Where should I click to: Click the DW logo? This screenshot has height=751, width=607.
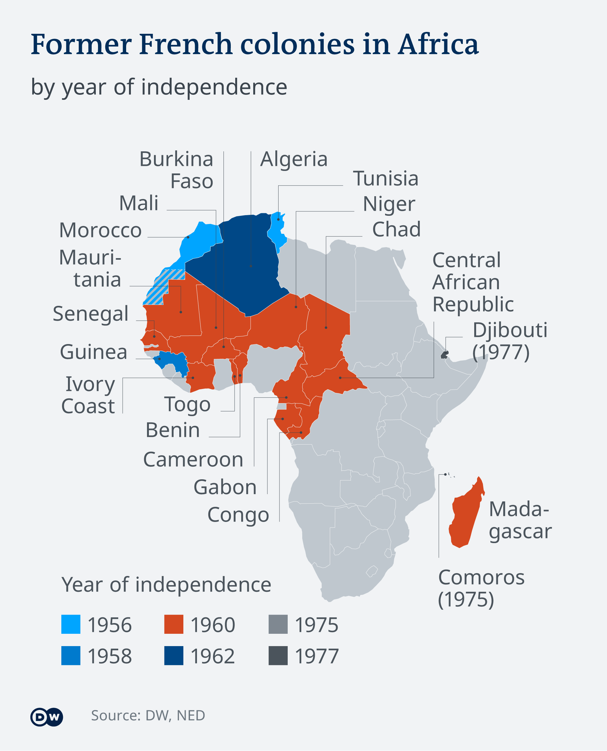click(x=46, y=717)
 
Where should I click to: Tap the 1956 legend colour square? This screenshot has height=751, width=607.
click(x=71, y=624)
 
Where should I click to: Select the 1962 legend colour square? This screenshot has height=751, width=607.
click(x=174, y=656)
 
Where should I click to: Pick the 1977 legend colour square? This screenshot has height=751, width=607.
click(x=278, y=656)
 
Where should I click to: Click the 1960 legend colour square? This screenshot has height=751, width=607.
click(x=174, y=624)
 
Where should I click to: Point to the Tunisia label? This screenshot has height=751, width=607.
click(x=385, y=179)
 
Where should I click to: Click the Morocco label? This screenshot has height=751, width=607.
click(x=100, y=230)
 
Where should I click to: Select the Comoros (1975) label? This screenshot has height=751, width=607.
click(x=481, y=588)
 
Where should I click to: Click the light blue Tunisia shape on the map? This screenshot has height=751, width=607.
click(x=277, y=231)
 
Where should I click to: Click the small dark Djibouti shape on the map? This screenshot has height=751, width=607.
click(x=445, y=355)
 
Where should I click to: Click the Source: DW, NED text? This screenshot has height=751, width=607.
click(x=148, y=715)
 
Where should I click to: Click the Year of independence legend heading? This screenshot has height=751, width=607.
click(x=166, y=584)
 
